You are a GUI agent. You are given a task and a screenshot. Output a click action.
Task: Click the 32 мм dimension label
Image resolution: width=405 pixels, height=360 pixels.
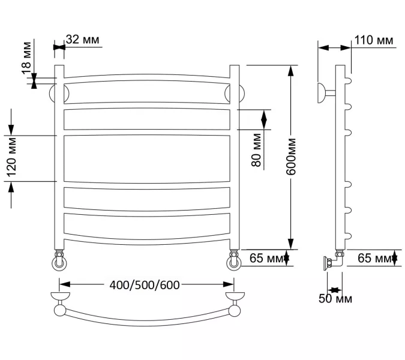coord(82,40)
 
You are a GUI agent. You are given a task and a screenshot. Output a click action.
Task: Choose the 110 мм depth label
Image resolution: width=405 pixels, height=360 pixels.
coord(374,40)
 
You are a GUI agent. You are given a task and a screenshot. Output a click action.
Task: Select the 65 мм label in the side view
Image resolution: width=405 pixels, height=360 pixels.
coord(373,259)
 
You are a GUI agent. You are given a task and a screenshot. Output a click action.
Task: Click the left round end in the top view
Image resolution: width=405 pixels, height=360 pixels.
coord(60,310)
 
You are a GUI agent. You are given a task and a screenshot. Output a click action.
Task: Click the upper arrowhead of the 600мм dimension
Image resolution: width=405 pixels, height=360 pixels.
coord(291,70)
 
